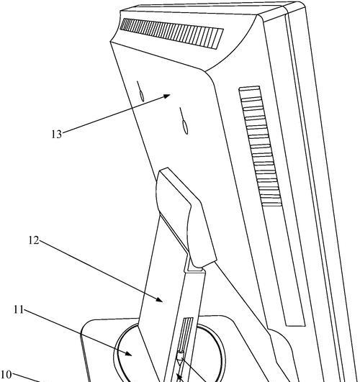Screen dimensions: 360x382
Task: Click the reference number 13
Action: (57, 135)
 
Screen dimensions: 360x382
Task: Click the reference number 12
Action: (34, 241)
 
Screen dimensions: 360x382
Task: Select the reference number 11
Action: (19, 310)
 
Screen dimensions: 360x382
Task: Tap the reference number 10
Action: (6, 375)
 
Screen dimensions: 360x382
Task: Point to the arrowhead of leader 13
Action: (166, 96)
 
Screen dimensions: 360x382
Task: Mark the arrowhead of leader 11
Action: (129, 353)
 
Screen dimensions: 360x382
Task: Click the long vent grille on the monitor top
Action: (171, 34)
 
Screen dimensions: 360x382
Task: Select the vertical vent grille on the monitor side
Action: (260, 146)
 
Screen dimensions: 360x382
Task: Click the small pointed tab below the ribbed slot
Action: (180, 358)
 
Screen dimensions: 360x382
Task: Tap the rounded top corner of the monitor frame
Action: (302, 5)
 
